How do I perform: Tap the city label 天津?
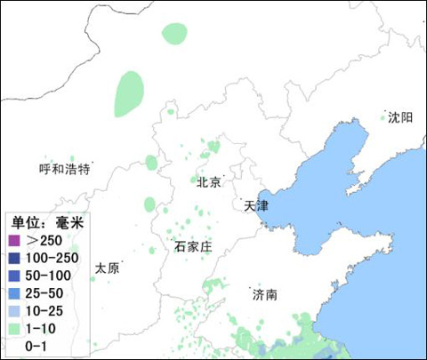[x=254, y=205]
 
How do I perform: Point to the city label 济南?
[x=264, y=294]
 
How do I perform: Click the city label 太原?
[x=107, y=268]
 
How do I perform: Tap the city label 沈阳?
[x=400, y=117]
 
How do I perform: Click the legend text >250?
[x=44, y=241]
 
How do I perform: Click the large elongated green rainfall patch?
[x=129, y=92]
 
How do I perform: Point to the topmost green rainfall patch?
[x=174, y=34]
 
